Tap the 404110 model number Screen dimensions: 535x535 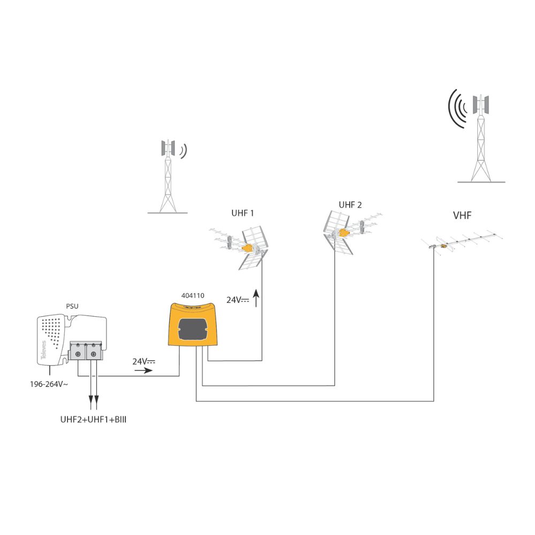[x=193, y=295]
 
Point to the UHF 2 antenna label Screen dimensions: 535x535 [x=350, y=205]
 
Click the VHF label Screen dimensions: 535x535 [x=462, y=216]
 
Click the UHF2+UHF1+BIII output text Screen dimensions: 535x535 [x=93, y=420]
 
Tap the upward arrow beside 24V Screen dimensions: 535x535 [x=256, y=299]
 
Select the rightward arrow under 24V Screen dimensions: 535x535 [x=143, y=370]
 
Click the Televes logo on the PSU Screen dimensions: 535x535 [x=44, y=350]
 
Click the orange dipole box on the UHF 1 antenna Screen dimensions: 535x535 [x=248, y=248]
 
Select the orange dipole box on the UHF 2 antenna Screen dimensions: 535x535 [x=342, y=232]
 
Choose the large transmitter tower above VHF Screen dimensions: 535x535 [x=480, y=139]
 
